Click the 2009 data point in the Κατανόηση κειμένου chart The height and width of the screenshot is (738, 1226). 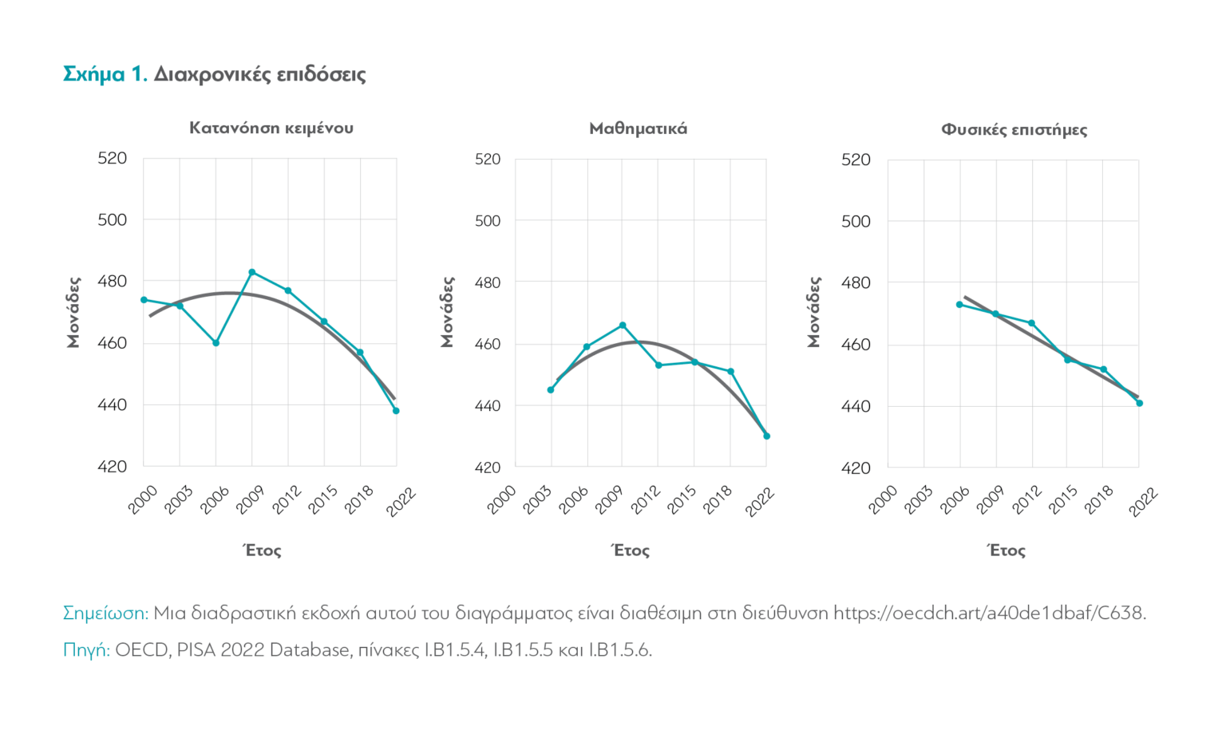(x=252, y=272)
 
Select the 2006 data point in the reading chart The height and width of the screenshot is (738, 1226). (x=216, y=343)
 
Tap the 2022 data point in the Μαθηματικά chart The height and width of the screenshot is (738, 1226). (x=766, y=436)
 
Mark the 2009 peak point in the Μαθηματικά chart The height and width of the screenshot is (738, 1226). (x=623, y=326)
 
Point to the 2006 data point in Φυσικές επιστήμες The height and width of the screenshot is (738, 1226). (x=959, y=304)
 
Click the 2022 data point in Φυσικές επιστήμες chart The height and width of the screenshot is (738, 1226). (x=1139, y=403)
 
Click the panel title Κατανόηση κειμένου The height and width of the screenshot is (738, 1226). (x=271, y=128)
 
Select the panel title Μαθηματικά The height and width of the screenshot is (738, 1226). (x=638, y=128)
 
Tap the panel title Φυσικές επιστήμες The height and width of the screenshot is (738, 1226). (x=1014, y=129)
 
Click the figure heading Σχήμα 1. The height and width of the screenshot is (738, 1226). (x=105, y=74)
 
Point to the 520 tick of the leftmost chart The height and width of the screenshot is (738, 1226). (x=113, y=158)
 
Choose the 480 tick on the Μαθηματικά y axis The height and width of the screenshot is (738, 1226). (x=488, y=282)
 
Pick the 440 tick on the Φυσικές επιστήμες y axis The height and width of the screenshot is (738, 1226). (x=856, y=406)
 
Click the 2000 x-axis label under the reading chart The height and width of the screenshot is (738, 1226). (x=144, y=499)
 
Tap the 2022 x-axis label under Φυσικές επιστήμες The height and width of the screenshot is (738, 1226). (x=1143, y=503)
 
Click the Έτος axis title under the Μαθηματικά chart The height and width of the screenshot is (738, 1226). (x=630, y=550)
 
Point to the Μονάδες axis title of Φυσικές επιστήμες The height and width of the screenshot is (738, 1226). (x=813, y=312)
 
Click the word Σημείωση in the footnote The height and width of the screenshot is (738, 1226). (x=105, y=613)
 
